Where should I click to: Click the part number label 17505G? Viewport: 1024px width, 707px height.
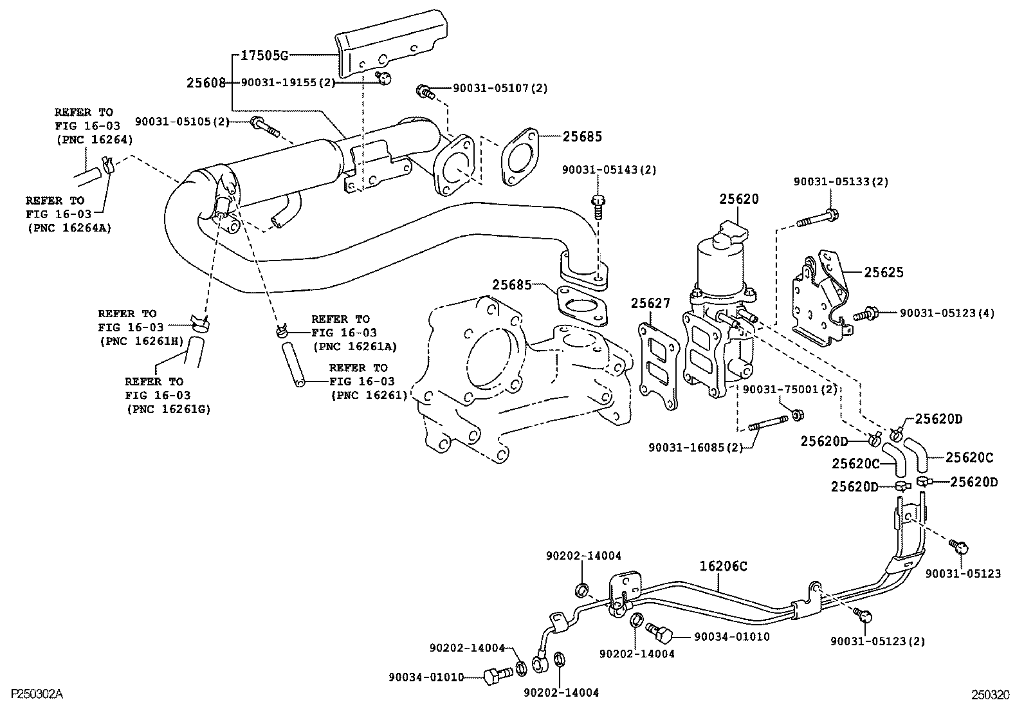coord(264,55)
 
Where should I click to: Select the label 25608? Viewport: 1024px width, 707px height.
coord(206,83)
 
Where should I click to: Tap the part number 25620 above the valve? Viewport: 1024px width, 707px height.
coord(738,199)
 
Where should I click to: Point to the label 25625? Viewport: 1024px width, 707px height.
coord(883,273)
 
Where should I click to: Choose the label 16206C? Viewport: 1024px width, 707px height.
coord(724,567)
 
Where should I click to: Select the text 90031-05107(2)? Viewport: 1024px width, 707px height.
coord(500,89)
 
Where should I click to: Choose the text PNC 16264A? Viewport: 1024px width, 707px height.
coord(69,228)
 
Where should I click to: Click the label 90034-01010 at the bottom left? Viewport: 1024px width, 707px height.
coord(426,677)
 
